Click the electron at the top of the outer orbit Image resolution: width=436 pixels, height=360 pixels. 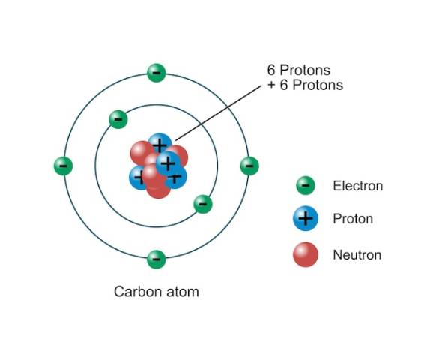click(x=157, y=73)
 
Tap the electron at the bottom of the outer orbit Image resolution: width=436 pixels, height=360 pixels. click(x=157, y=259)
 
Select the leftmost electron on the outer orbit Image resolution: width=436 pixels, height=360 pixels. click(x=63, y=166)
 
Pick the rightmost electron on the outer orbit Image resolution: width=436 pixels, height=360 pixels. click(x=249, y=166)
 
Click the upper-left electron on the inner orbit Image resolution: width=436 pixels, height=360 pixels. click(x=118, y=119)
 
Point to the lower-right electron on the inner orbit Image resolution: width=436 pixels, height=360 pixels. click(x=203, y=204)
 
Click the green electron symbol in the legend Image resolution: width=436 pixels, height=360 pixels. click(x=306, y=186)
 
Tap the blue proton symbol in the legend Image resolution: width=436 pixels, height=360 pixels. click(x=306, y=218)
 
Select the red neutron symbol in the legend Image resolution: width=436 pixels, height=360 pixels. click(x=306, y=254)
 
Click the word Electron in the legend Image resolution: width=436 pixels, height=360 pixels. click(x=358, y=186)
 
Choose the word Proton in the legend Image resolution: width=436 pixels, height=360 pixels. click(x=353, y=219)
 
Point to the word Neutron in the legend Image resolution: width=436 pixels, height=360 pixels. click(x=357, y=255)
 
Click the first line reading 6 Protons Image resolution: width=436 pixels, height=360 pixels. click(x=299, y=70)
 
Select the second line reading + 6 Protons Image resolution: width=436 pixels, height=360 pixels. click(x=305, y=85)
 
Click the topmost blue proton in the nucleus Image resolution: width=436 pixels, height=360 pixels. click(x=160, y=144)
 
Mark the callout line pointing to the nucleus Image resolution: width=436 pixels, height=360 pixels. click(x=218, y=113)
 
